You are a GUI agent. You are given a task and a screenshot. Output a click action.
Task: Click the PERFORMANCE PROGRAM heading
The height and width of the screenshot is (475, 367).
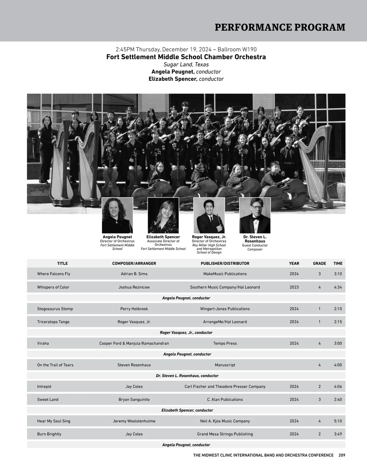[280, 27]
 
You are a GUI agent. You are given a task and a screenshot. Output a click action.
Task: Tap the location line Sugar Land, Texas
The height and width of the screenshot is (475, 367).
[186, 65]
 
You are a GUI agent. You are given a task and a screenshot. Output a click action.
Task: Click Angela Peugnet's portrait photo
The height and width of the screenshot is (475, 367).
[117, 215]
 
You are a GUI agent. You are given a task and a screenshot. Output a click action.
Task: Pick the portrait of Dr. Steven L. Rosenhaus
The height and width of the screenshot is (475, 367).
[255, 215]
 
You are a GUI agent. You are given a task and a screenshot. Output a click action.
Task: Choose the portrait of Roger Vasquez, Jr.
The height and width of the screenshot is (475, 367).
[209, 215]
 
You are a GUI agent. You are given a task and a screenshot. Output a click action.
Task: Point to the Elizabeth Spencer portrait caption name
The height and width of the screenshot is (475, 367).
[163, 237]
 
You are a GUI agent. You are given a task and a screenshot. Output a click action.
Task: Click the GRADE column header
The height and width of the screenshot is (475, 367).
[319, 263]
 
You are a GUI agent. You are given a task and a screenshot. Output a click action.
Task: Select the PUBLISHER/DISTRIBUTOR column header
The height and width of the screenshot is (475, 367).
[225, 263]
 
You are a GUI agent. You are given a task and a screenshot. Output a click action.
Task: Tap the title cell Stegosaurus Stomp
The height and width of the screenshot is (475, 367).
[55, 309]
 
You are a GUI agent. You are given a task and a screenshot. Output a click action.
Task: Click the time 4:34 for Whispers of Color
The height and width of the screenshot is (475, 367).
[338, 287]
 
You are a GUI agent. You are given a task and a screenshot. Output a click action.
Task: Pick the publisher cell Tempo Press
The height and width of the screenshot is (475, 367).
[225, 343]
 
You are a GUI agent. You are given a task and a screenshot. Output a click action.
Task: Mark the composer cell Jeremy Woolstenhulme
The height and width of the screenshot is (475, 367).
[134, 421]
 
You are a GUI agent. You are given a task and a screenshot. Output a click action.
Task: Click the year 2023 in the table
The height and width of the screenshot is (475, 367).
[294, 287]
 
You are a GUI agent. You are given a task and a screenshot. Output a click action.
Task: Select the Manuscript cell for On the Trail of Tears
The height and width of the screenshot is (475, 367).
[225, 365]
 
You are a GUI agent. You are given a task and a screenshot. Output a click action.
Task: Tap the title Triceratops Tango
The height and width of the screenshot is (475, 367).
[53, 322]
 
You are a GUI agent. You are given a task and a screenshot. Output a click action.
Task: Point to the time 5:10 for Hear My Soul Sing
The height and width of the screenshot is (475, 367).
[338, 421]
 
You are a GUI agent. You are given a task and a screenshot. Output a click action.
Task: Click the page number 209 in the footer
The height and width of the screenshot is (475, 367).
[342, 455]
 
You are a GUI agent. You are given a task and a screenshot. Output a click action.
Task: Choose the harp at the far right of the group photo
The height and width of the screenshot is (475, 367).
[315, 171]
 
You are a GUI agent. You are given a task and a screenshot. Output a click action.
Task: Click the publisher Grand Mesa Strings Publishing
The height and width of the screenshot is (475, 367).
[225, 434]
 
